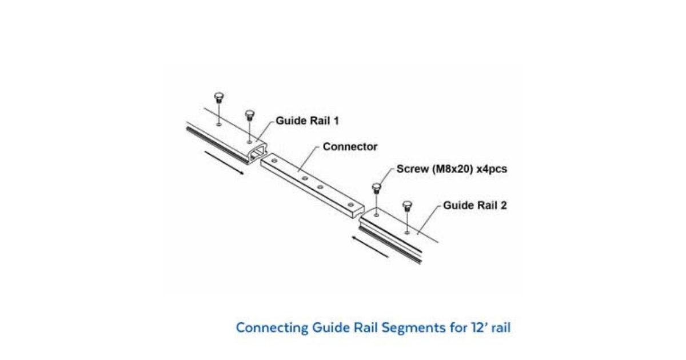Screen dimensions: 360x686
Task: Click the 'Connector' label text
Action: click(350, 147)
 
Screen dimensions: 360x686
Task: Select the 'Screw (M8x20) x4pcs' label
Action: click(452, 170)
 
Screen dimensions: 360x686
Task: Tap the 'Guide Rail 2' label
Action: click(474, 206)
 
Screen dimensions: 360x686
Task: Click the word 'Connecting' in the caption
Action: click(272, 329)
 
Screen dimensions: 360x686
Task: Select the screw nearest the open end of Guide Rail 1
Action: click(249, 115)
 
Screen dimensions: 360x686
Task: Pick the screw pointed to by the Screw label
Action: click(376, 188)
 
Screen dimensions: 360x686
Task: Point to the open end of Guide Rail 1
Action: click(258, 151)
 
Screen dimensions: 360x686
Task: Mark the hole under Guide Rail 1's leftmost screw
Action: click(220, 122)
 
